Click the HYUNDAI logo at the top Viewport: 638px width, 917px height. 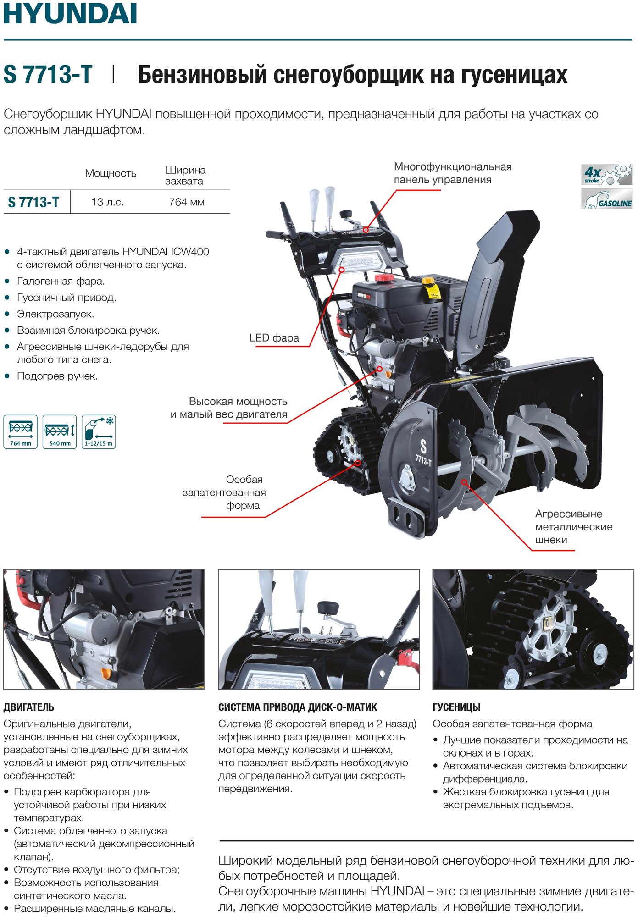click(70, 14)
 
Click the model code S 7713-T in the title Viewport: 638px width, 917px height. click(48, 74)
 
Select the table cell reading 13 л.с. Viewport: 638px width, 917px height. click(108, 202)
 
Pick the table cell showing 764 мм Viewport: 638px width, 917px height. click(186, 202)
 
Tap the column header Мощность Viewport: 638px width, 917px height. click(111, 173)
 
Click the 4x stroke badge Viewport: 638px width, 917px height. click(606, 175)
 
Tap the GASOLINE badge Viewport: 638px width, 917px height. click(607, 199)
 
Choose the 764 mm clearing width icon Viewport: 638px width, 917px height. click(21, 431)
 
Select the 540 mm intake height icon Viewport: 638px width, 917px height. click(60, 431)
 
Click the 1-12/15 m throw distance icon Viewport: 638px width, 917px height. click(99, 431)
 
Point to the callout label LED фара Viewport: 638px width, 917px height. click(274, 338)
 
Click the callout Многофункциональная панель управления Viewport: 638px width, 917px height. click(452, 173)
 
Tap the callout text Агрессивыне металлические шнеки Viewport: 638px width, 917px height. click(573, 527)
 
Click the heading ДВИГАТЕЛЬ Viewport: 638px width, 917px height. click(29, 707)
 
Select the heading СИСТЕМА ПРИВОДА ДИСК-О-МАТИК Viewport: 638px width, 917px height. click(298, 707)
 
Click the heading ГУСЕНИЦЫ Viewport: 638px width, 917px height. click(456, 707)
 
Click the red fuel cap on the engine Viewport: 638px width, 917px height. click(384, 278)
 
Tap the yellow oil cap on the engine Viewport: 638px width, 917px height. click(428, 280)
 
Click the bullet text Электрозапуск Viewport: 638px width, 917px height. click(55, 314)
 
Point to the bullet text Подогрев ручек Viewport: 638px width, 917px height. click(57, 376)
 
